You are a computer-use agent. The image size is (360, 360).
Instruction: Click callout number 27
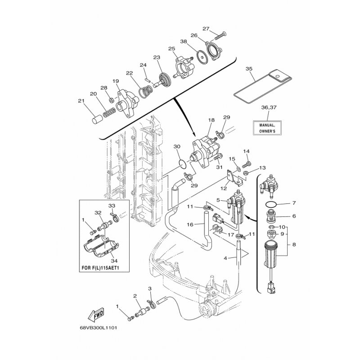[206, 29]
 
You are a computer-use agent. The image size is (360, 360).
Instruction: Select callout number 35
[249, 69]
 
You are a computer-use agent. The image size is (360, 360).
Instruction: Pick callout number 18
[211, 121]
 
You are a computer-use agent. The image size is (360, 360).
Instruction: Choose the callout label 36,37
[268, 108]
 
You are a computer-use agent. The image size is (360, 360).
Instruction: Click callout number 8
[294, 246]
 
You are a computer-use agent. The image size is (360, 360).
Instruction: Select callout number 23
[157, 57]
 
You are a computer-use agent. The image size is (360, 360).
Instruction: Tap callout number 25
[171, 48]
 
